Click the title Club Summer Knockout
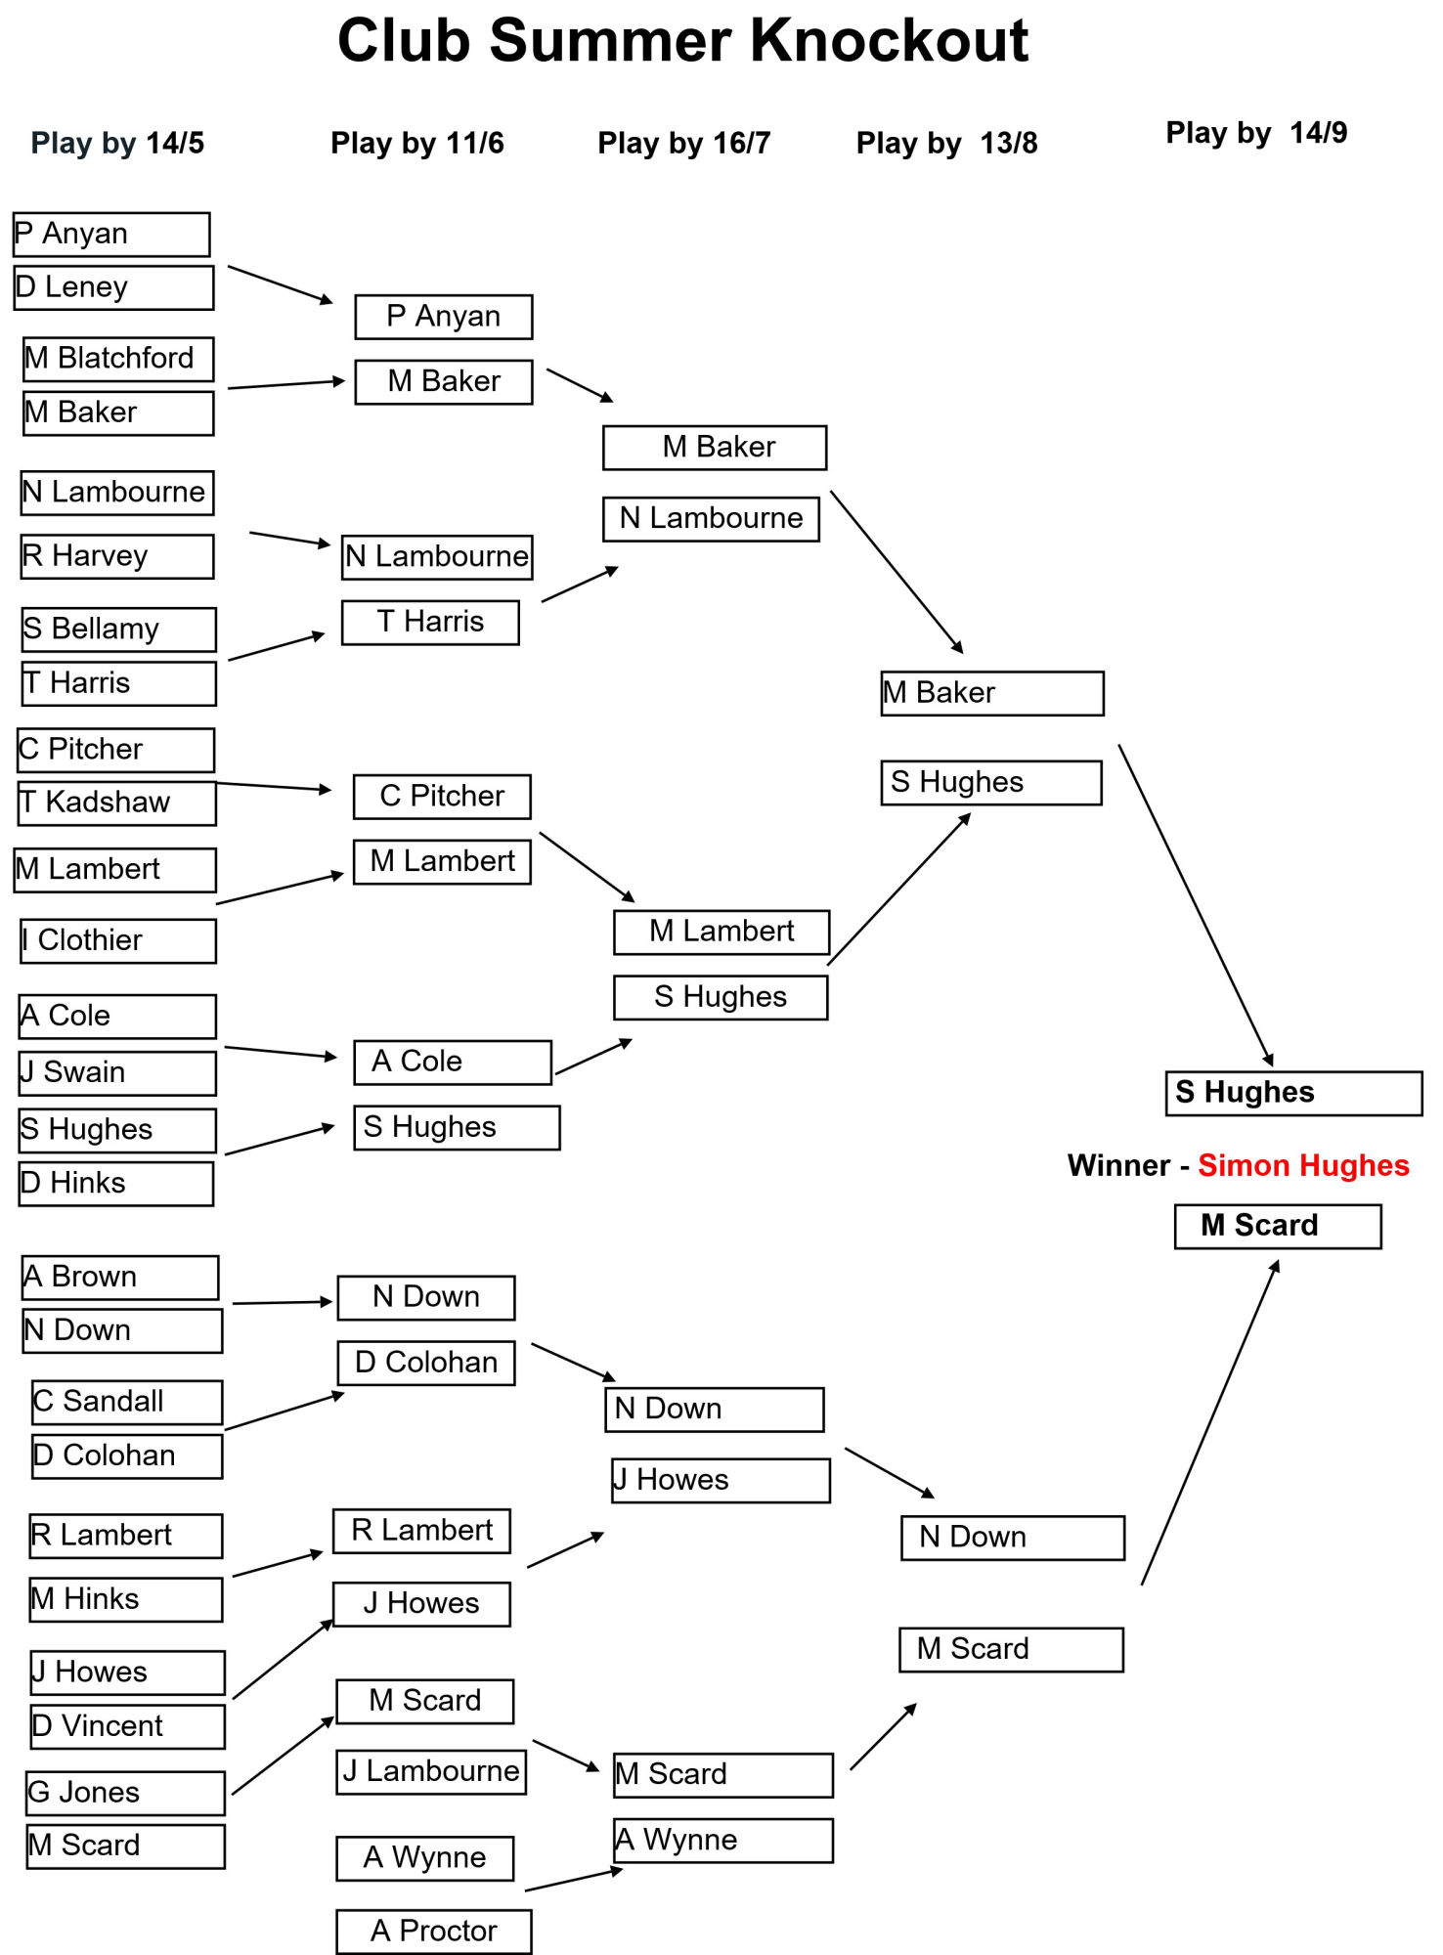pos(682,41)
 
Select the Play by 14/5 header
pos(117,143)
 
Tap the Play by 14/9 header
pos(1256,132)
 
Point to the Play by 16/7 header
pos(683,143)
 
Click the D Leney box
pos(113,287)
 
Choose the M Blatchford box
pos(118,359)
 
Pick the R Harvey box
pos(117,556)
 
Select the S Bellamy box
pos(119,630)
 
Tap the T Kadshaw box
pos(117,803)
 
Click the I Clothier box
pos(118,940)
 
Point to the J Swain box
pos(117,1073)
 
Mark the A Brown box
pos(120,1278)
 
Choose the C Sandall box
pos(127,1402)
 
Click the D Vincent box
pos(128,1726)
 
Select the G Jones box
pos(126,1793)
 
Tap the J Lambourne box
pos(431,1772)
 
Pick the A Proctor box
pos(434,1932)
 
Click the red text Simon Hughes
pos(1303,1165)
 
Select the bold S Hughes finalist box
pos(1294,1093)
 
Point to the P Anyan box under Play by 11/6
pos(444,317)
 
